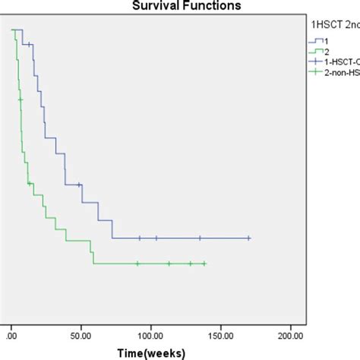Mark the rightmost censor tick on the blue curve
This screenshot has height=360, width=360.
pyautogui.click(x=249, y=238)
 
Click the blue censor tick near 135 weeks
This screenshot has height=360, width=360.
pyautogui.click(x=201, y=238)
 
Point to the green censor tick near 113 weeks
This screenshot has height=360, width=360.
pyautogui.click(x=169, y=264)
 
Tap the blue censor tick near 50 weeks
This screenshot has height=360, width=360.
pyautogui.click(x=81, y=185)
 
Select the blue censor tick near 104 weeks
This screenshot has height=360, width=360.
pyautogui.click(x=156, y=238)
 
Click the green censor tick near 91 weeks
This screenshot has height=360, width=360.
pyautogui.click(x=138, y=264)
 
